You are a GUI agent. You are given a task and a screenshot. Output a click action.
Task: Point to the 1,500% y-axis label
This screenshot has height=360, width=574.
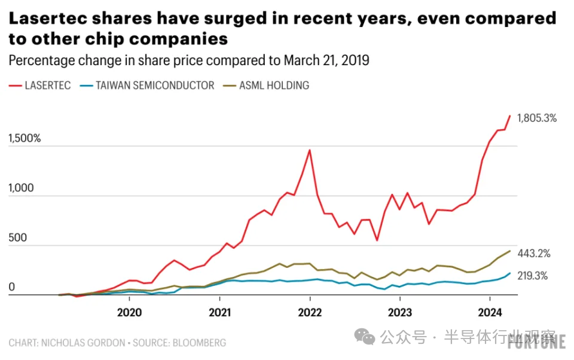(25, 139)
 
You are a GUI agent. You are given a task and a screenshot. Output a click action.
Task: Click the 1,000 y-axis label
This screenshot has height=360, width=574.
(21, 188)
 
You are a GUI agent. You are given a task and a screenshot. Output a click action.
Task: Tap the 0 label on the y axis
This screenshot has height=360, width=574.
(11, 288)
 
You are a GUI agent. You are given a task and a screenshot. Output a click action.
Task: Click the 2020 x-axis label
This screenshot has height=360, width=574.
(129, 312)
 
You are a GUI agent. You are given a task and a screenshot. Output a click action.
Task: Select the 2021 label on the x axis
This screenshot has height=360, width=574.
(219, 312)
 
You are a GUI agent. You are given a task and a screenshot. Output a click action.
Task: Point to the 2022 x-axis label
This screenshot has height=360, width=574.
(310, 312)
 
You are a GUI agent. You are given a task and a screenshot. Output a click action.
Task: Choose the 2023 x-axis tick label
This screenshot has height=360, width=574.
(399, 312)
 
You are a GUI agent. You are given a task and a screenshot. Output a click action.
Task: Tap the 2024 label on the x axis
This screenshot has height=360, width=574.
(490, 312)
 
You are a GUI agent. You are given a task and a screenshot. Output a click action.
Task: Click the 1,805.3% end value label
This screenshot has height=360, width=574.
(536, 118)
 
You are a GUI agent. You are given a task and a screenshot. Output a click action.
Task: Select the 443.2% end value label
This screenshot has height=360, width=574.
(533, 254)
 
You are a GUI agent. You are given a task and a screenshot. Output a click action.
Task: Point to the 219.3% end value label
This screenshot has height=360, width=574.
(533, 276)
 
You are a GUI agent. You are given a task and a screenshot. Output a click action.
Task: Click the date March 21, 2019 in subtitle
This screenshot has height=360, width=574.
(326, 60)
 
